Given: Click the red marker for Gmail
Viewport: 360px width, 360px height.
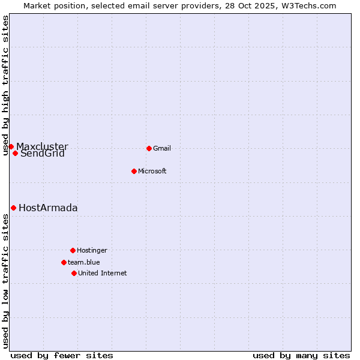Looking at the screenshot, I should [149, 148].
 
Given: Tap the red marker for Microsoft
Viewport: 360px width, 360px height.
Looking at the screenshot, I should [134, 171].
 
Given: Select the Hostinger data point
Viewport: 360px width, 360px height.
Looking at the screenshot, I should [73, 250].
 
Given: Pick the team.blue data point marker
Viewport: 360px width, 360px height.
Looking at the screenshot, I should [64, 262].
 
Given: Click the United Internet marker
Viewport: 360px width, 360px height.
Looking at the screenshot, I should [74, 273].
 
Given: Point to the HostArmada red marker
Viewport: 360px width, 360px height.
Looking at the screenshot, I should [13, 208].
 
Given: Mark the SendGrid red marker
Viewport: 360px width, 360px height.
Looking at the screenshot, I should [15, 153].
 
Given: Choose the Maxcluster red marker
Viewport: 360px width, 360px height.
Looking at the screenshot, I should [11, 146].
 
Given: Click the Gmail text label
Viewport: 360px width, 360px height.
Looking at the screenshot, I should [162, 149].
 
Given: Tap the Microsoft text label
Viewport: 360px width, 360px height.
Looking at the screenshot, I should [152, 172].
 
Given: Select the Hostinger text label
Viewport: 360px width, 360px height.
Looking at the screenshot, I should [92, 251].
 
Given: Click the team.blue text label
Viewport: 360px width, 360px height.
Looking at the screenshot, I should [84, 263].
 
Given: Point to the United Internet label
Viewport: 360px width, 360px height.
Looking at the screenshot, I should [103, 274].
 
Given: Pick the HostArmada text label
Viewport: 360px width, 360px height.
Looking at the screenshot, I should [48, 208].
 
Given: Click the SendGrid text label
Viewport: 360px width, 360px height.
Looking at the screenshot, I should [43, 154].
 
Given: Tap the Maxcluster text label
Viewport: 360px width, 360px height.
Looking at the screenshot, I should [42, 146].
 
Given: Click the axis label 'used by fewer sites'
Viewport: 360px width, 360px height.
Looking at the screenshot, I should [62, 355].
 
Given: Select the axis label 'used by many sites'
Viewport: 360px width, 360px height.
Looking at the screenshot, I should [301, 355].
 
